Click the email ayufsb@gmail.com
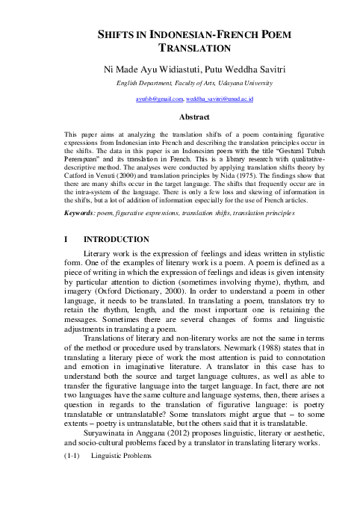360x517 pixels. (159, 99)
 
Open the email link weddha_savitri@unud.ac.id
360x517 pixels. (220, 99)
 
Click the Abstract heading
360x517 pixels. (179, 117)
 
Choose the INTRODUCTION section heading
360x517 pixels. (116, 239)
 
